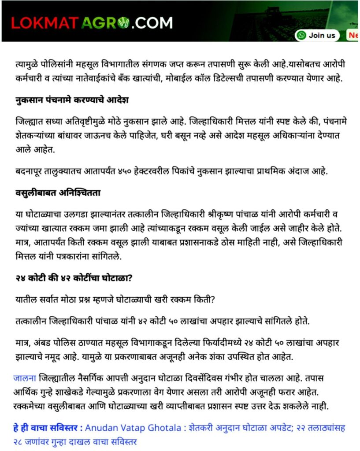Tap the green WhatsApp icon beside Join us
coord(302,35)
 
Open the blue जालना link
coord(25,378)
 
